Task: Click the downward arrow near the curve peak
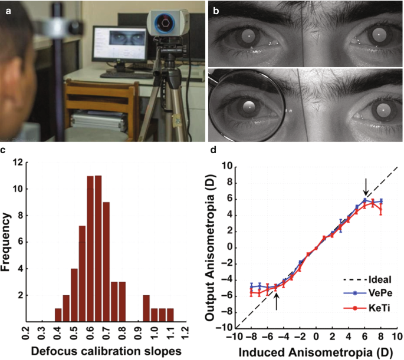click(x=366, y=187)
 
